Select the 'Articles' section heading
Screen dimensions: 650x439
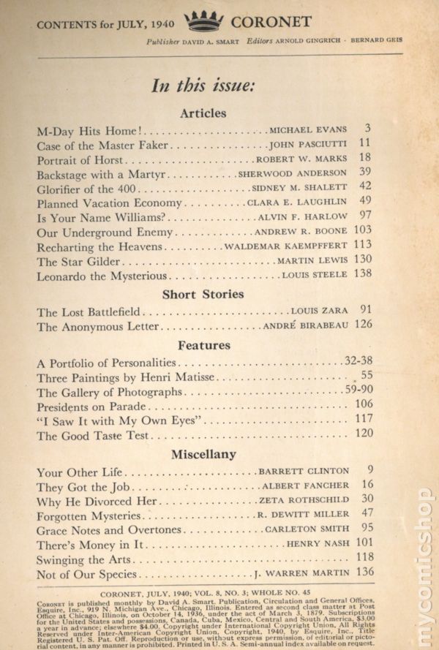(202, 113)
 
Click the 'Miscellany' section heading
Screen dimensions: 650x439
(203, 454)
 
